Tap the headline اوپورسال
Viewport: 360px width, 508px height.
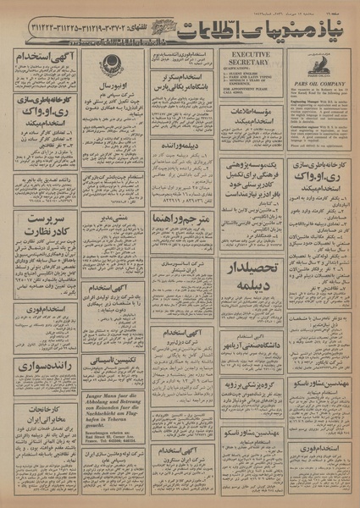pos(113,86)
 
